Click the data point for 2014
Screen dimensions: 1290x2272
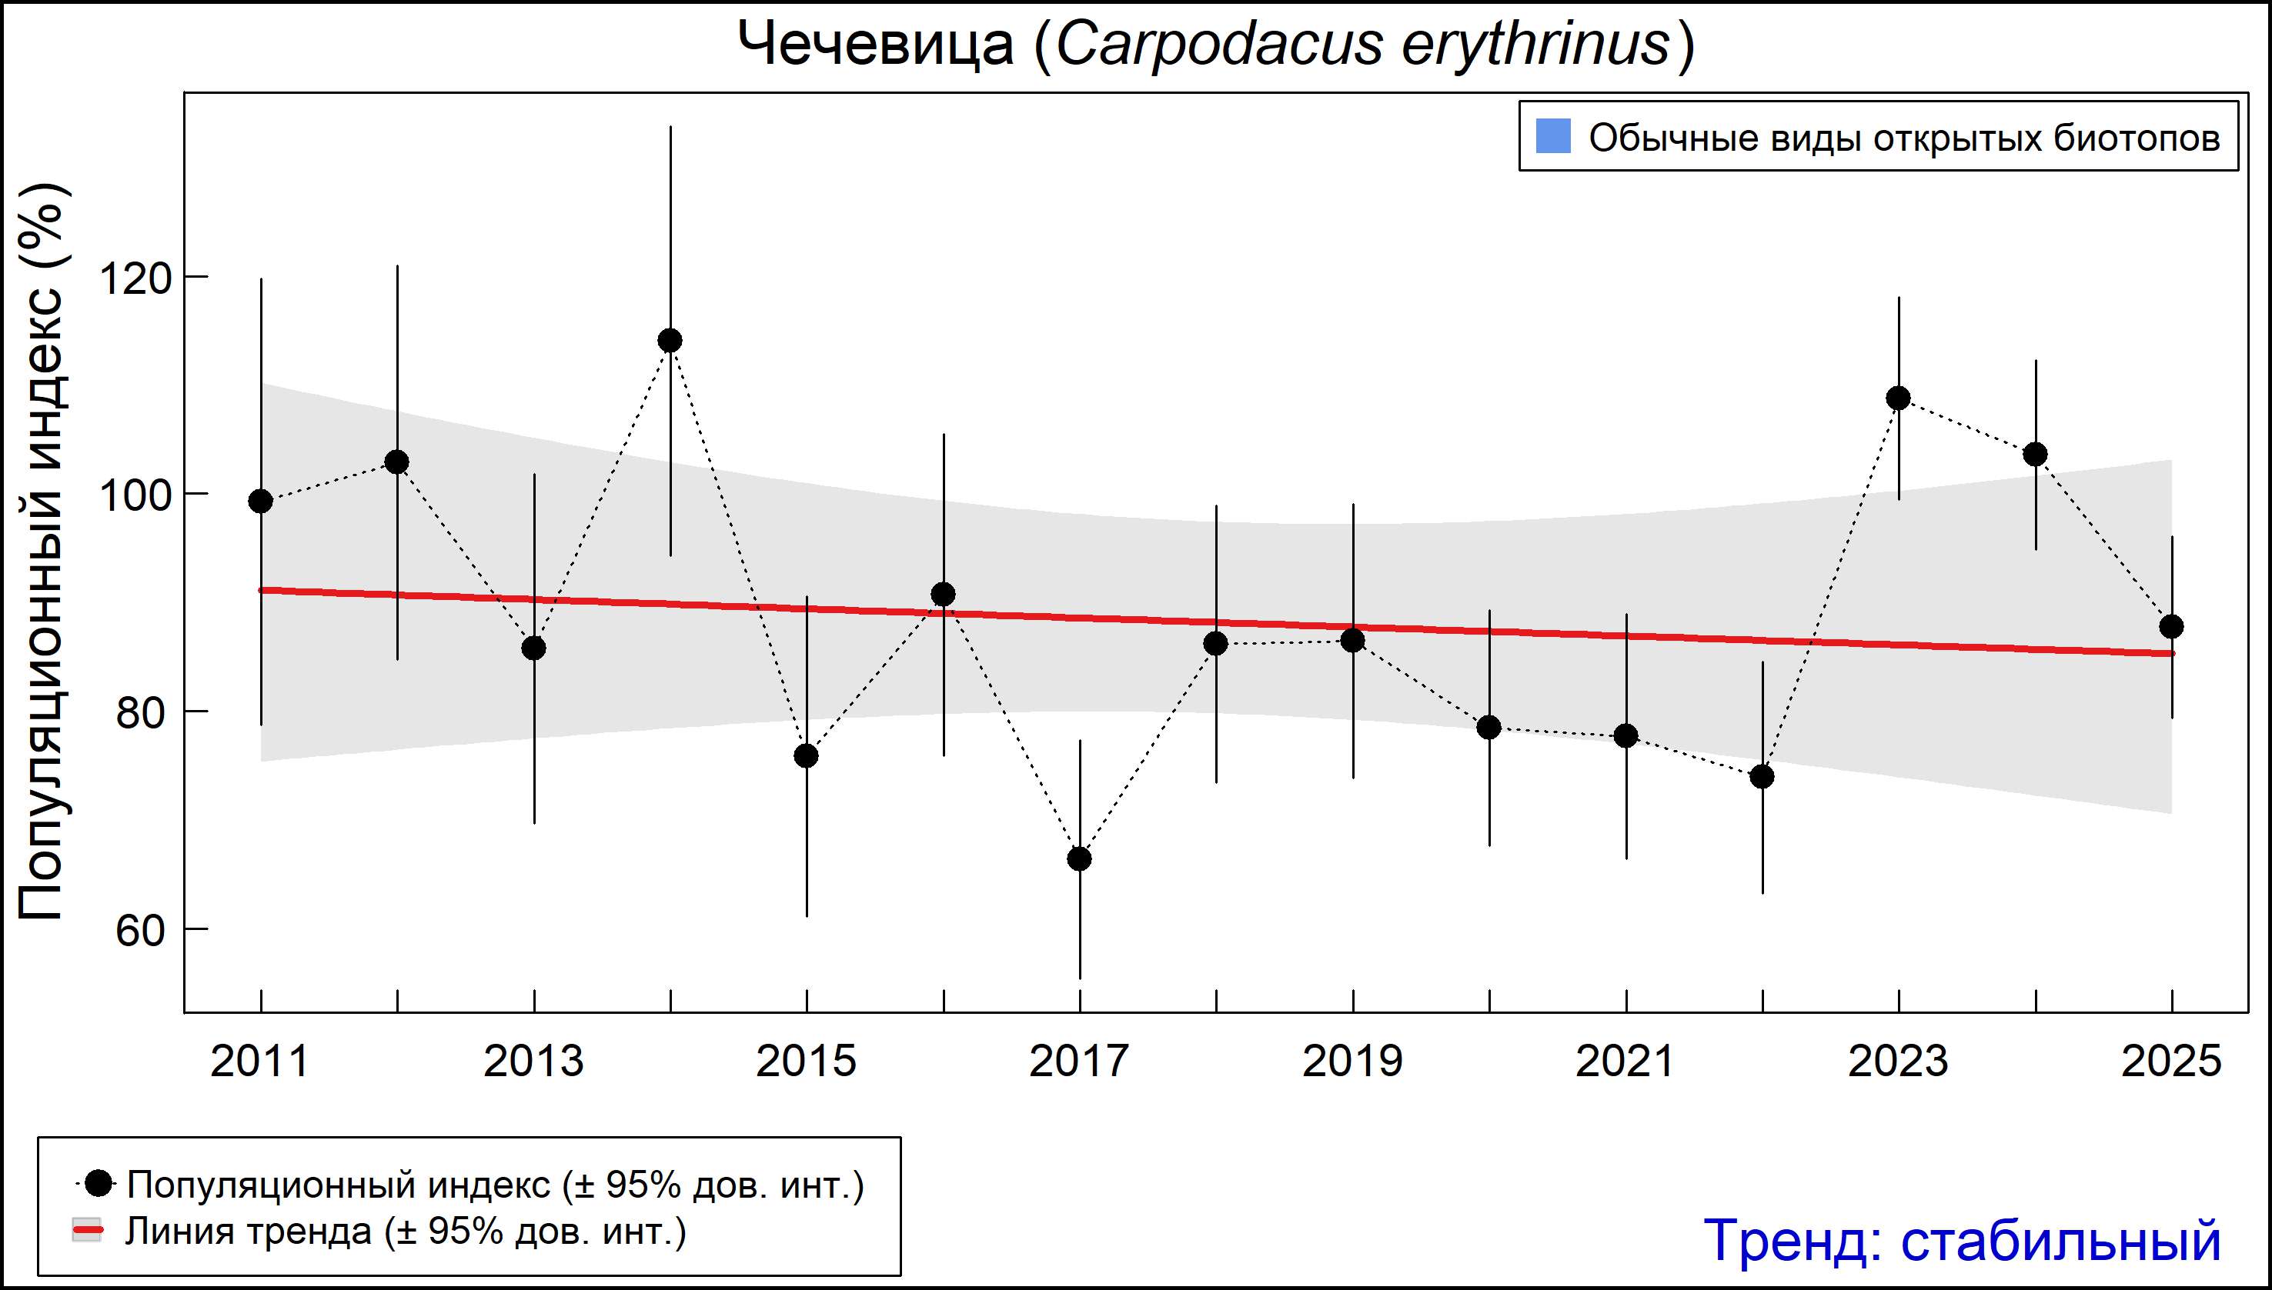tap(670, 341)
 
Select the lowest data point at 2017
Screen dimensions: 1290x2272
tap(1080, 859)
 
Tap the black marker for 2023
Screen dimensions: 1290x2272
tap(1898, 398)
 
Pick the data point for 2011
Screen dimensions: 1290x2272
tap(261, 502)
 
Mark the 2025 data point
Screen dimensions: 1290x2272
tap(2171, 627)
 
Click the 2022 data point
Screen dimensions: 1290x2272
tap(1762, 777)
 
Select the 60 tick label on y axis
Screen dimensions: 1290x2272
tap(140, 932)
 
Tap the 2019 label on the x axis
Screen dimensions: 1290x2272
tap(1352, 1062)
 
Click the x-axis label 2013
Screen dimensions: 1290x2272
tap(533, 1062)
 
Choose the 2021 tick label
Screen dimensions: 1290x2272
tap(1625, 1062)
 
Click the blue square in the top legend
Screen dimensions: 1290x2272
tap(1553, 136)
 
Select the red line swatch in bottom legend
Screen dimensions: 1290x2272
tap(87, 1231)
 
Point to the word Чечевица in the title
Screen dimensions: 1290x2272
tap(876, 45)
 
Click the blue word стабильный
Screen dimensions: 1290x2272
tap(2060, 1240)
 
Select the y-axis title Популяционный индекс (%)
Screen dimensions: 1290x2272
tap(42, 551)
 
